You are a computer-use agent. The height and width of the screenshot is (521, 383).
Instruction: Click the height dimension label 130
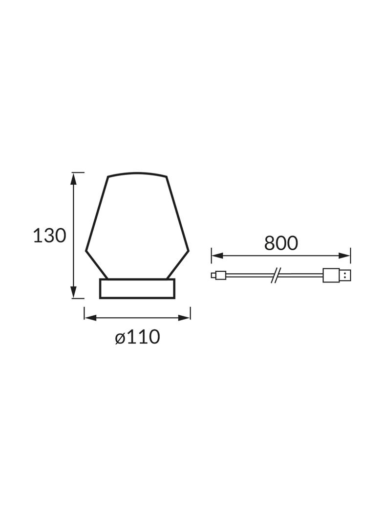(x=49, y=236)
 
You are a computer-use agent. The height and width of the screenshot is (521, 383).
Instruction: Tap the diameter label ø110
(x=138, y=337)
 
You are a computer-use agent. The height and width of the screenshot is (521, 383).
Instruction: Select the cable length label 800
(x=281, y=243)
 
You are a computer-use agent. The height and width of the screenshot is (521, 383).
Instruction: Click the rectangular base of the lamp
(x=137, y=288)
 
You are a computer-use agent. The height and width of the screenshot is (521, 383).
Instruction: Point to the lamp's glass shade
(x=137, y=225)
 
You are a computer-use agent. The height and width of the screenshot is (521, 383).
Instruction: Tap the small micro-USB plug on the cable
(x=218, y=276)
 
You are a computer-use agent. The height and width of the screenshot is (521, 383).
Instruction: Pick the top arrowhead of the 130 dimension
(x=74, y=178)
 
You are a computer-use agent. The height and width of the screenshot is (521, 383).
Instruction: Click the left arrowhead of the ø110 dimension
(x=89, y=317)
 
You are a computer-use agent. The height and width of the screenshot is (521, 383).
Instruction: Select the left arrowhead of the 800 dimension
(x=216, y=255)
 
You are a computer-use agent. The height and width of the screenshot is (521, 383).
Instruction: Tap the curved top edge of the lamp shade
(x=137, y=173)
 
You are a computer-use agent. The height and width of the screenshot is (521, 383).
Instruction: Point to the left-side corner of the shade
(x=86, y=251)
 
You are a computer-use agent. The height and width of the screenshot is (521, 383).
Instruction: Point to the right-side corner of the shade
(x=188, y=251)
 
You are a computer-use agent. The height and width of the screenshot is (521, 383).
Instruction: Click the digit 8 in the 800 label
(x=270, y=243)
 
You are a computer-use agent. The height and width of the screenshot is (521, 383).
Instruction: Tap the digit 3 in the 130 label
(x=49, y=236)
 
